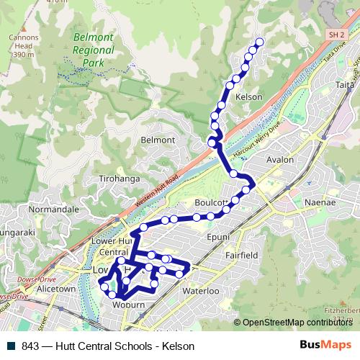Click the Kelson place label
(x=248, y=96)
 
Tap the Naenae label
(x=320, y=204)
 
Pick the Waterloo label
(x=199, y=291)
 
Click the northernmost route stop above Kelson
(x=260, y=42)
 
